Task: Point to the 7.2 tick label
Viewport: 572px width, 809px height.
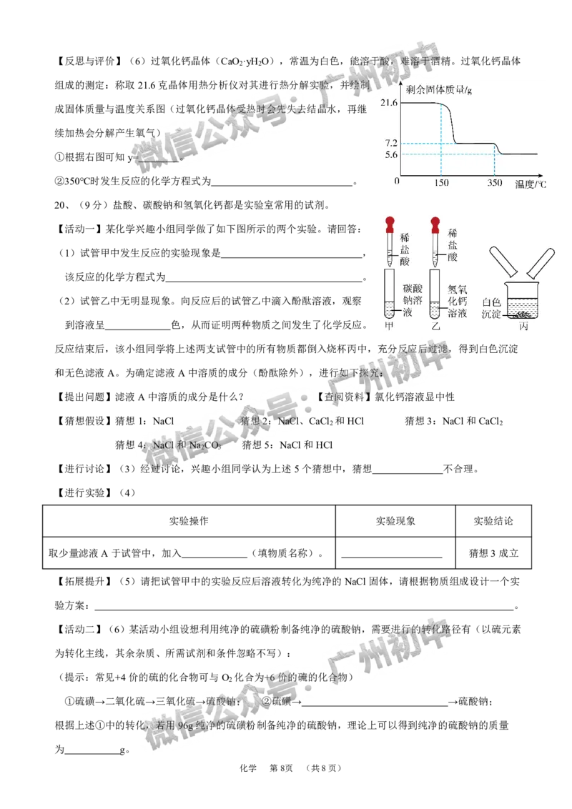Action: pyautogui.click(x=390, y=144)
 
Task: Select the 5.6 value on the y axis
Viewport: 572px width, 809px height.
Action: pyautogui.click(x=390, y=154)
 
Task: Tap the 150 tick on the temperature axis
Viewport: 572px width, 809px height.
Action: pyautogui.click(x=440, y=183)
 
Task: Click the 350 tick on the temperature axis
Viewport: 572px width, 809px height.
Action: pyautogui.click(x=495, y=183)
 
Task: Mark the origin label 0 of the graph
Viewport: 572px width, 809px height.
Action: pyautogui.click(x=398, y=182)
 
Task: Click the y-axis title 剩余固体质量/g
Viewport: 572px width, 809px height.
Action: pyautogui.click(x=436, y=90)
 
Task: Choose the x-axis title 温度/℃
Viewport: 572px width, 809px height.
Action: pyautogui.click(x=531, y=184)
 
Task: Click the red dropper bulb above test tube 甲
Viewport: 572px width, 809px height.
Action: pyautogui.click(x=390, y=222)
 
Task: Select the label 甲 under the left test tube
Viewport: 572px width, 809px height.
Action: pyautogui.click(x=390, y=326)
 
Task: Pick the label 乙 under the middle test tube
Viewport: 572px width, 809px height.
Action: pyautogui.click(x=435, y=326)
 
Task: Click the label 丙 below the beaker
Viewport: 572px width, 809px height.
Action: pyautogui.click(x=523, y=326)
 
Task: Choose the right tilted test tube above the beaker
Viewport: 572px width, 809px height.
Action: pyautogui.click(x=540, y=262)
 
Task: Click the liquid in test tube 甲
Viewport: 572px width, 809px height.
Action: pyautogui.click(x=390, y=309)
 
